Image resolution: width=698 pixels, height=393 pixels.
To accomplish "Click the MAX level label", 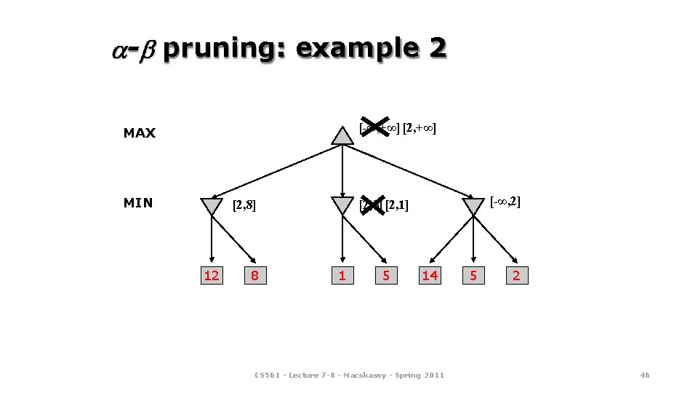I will [140, 133].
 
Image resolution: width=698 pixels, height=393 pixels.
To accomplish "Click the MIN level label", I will [138, 203].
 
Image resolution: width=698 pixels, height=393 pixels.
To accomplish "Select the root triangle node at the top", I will [342, 135].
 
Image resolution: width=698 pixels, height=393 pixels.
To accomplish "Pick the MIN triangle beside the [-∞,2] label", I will [473, 205].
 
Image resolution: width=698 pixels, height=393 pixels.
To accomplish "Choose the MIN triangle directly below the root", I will [342, 205].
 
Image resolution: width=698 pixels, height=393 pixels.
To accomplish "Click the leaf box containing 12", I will [212, 275].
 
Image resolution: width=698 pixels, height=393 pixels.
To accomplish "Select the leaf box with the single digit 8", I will [254, 275].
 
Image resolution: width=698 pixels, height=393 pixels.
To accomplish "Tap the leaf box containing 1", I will [342, 275].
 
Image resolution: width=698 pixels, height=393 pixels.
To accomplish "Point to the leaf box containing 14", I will [430, 275].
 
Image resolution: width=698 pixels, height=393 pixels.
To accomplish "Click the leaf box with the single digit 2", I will [516, 275].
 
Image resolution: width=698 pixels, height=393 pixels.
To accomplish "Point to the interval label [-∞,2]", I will [505, 201].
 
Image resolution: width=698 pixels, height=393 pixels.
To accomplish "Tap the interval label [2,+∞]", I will [420, 130].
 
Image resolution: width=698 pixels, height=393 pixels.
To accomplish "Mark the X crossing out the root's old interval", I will [376, 128].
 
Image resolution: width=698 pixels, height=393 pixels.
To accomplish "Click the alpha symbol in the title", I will [120, 51].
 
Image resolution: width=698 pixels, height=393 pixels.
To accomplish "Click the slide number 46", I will [644, 375].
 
